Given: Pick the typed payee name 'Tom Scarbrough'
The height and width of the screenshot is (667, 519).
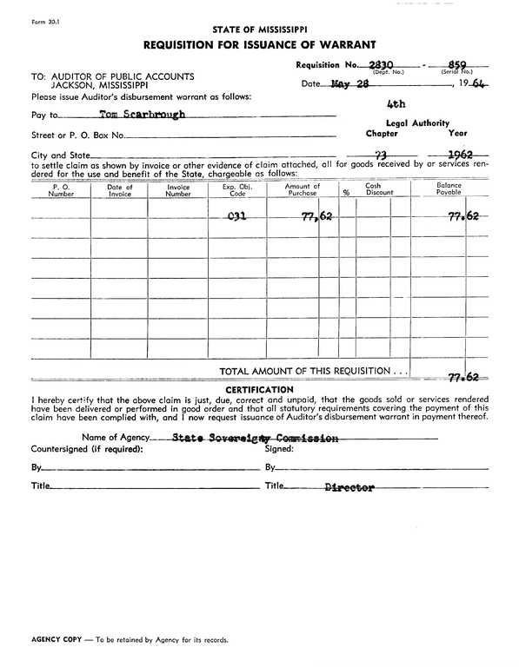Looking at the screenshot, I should (143, 115).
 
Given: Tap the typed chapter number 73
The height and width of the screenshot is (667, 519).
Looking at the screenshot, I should (380, 155).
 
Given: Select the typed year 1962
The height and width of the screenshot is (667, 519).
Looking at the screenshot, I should (458, 155).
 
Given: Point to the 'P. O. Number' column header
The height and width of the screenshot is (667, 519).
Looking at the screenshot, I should (62, 190).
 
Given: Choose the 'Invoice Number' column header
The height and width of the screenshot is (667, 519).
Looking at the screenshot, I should (177, 190).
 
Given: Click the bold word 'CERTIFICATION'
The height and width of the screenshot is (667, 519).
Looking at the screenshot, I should (260, 389).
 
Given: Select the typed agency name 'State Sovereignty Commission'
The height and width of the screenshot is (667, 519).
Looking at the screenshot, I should (256, 439).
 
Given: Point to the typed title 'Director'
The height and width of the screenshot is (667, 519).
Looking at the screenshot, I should (349, 487).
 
